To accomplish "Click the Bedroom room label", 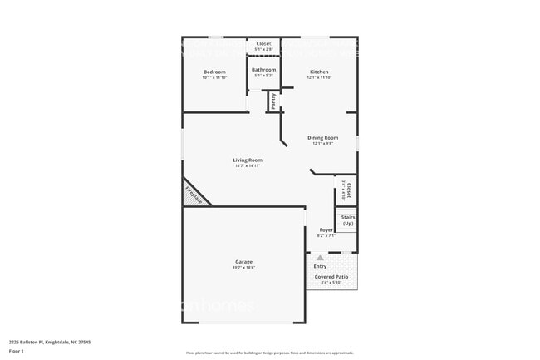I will coord(214,72).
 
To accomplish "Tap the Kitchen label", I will coord(319,72).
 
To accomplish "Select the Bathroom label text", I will coord(263,70).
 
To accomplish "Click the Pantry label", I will coord(273,101).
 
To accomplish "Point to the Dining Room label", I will coord(322,138).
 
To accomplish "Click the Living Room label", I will coord(248,160).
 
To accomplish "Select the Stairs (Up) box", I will coord(347,220).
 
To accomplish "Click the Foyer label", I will coord(326,229).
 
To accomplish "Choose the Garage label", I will coord(243,262).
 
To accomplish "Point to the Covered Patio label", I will coord(331,277).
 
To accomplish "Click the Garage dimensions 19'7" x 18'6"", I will coord(243,268).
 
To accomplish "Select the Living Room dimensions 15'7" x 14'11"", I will coord(248,166).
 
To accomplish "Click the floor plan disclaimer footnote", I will coord(269,353).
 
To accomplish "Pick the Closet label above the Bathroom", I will coord(263,43).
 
